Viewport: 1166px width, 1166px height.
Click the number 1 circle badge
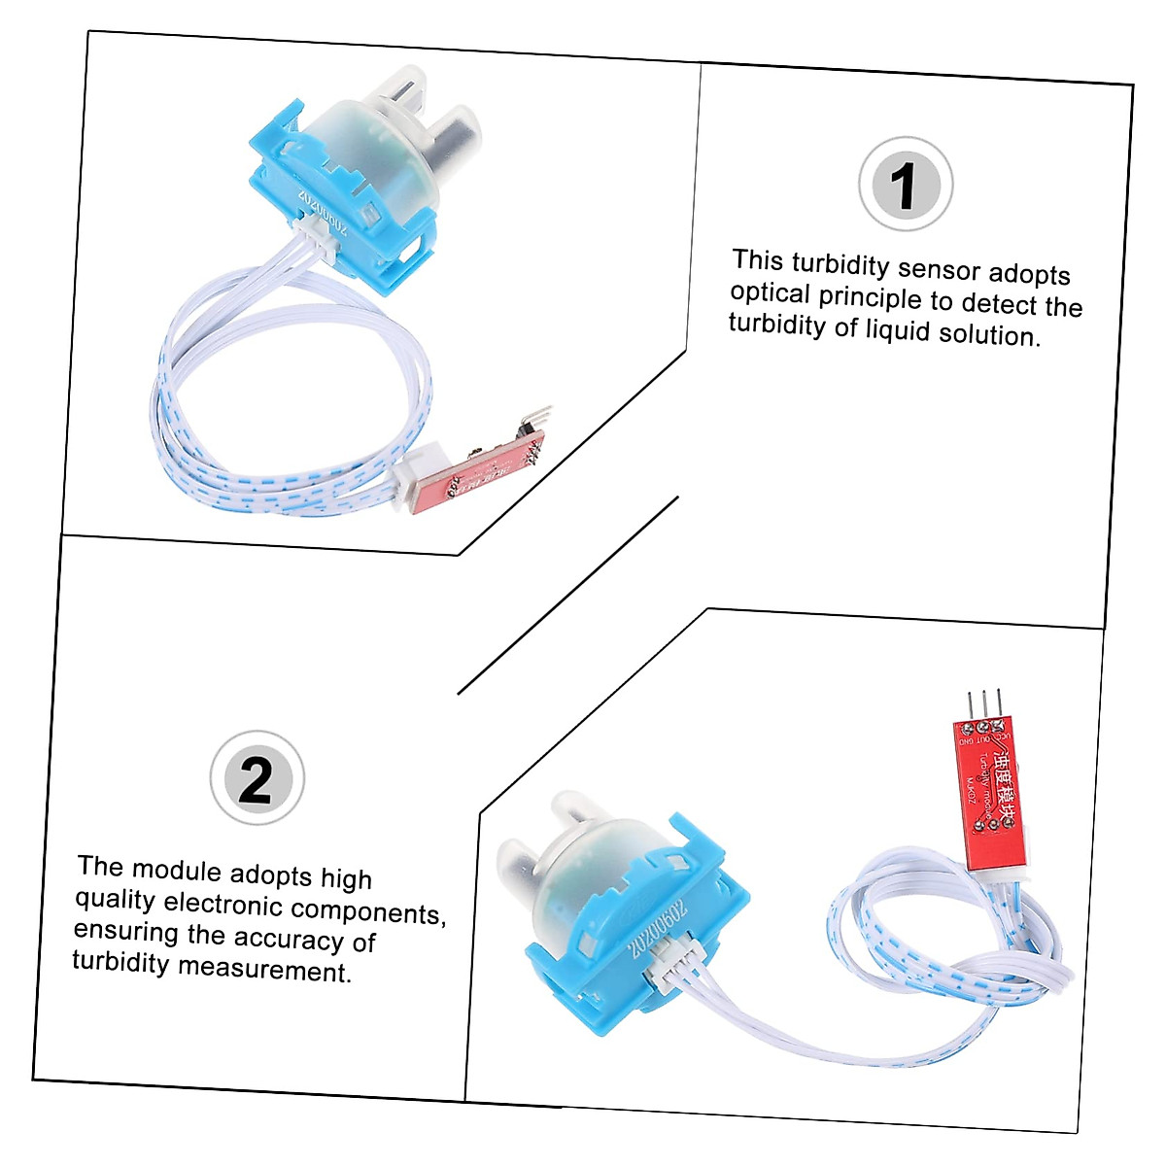point(906,185)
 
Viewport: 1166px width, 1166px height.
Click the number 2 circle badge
point(257,779)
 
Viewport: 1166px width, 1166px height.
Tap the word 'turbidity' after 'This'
point(840,264)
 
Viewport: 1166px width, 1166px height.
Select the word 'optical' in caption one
point(771,293)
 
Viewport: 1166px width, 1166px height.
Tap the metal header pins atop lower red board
point(983,704)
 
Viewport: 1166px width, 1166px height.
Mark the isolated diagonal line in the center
point(568,595)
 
